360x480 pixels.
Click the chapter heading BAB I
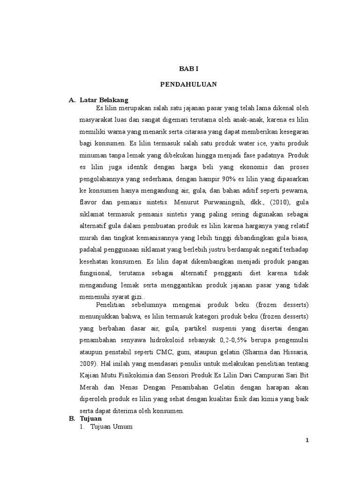point(189,68)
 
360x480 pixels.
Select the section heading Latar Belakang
point(104,100)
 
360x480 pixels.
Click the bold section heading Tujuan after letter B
point(90,418)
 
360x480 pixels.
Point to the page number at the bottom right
point(307,441)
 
